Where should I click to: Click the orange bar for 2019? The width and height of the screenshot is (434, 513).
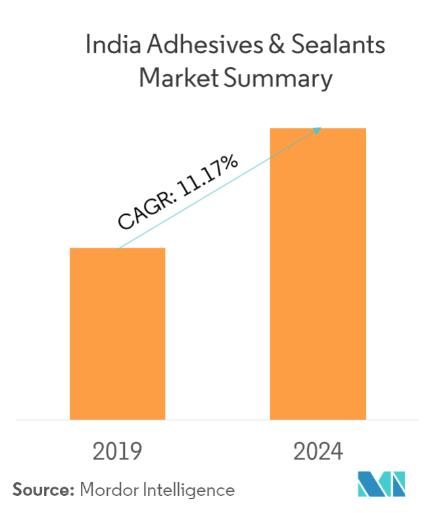pos(118,333)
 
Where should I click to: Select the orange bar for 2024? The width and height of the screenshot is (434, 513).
pos(318,273)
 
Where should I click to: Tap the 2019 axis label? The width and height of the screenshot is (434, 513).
pos(118,451)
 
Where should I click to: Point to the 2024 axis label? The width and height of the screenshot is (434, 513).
pos(318,451)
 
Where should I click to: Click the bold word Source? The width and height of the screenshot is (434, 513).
pos(41,489)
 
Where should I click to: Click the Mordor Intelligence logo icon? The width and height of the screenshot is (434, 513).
pos(381,485)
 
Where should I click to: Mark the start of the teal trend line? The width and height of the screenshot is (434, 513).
pos(118,248)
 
